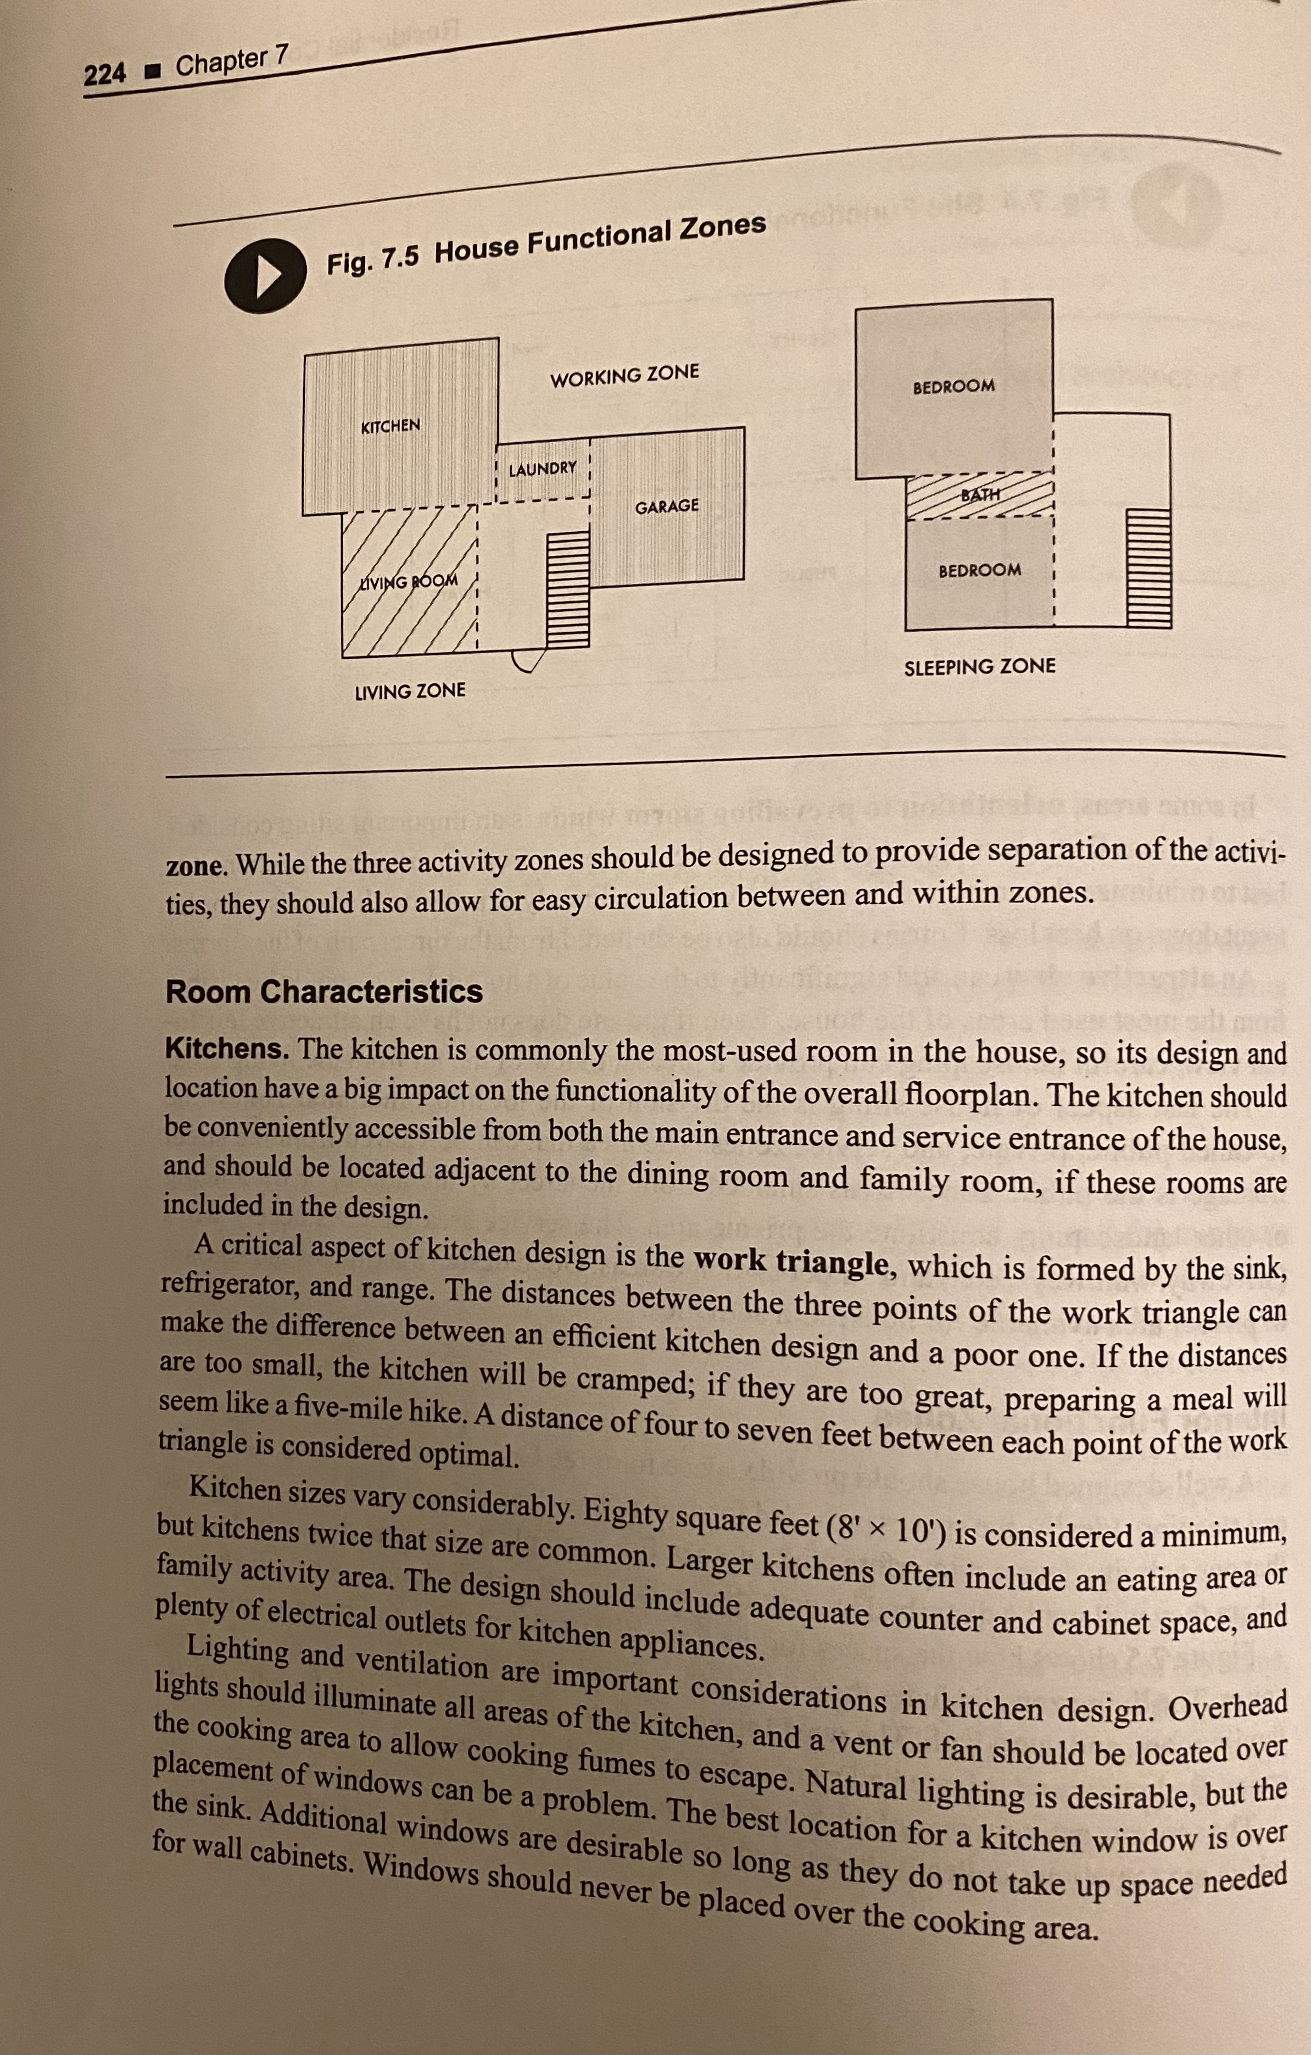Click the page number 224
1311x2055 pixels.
point(105,74)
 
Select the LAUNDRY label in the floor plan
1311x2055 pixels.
point(543,469)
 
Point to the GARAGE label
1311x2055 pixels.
point(667,506)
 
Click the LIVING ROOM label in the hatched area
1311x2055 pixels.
point(408,582)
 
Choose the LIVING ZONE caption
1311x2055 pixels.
point(410,690)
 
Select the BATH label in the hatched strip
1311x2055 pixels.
point(981,494)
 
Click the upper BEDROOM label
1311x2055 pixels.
point(953,386)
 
